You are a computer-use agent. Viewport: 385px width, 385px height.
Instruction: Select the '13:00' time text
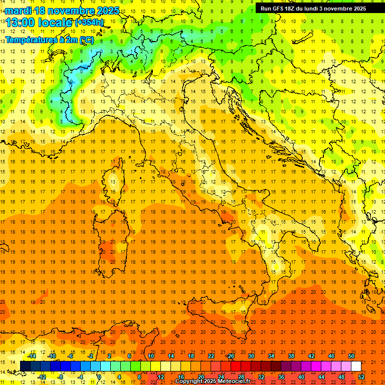(x=22, y=22)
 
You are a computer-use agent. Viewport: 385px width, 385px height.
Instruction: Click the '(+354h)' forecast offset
(x=89, y=22)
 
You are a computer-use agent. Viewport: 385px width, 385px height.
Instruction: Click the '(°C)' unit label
(x=86, y=40)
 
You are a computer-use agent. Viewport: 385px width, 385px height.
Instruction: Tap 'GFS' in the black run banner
(x=279, y=9)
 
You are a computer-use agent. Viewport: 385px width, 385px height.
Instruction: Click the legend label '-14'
(x=32, y=356)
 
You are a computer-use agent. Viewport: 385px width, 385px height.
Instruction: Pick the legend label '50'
(x=351, y=356)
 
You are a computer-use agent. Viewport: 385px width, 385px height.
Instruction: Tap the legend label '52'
(x=361, y=377)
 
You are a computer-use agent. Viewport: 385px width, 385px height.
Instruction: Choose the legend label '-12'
(x=42, y=377)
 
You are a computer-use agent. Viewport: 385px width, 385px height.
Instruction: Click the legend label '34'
(x=271, y=356)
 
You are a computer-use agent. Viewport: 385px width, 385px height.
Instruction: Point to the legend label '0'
(x=99, y=377)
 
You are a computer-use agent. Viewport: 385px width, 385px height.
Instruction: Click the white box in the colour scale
(x=356, y=366)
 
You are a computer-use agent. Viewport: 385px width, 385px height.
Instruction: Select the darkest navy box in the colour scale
(x=25, y=366)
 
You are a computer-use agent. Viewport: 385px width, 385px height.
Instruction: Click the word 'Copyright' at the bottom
(x=188, y=381)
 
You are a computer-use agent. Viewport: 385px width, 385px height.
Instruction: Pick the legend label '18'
(x=190, y=356)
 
